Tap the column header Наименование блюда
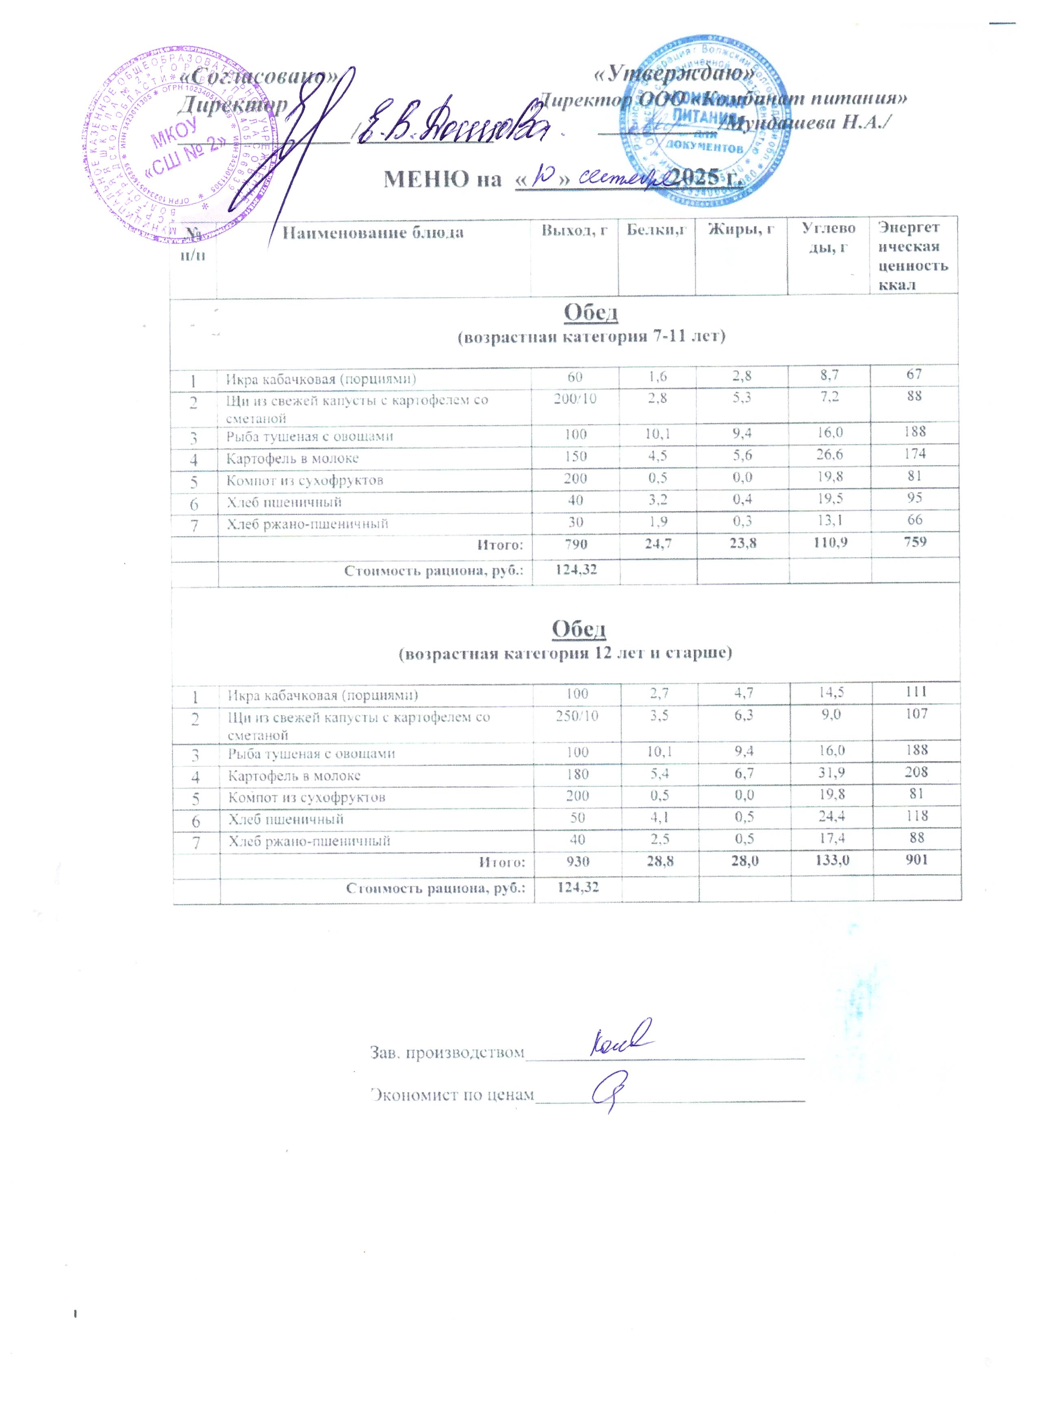pyautogui.click(x=373, y=233)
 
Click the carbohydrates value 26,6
pyautogui.click(x=829, y=454)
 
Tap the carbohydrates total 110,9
pyautogui.click(x=829, y=542)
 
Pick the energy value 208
pyautogui.click(x=916, y=772)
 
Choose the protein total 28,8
pyautogui.click(x=660, y=859)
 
